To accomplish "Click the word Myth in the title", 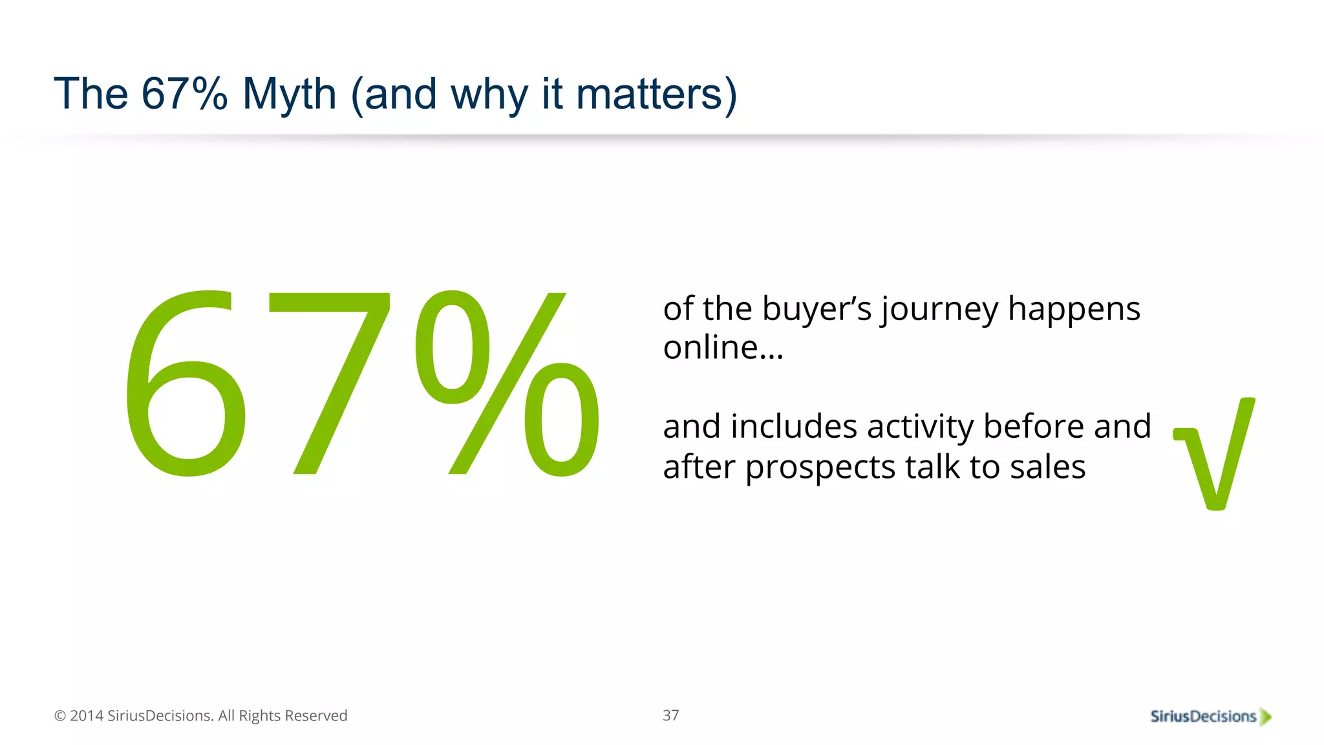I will coord(289,95).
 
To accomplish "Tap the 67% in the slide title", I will coord(184,94).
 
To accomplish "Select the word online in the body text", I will coord(710,348).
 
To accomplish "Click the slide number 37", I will coord(670,715).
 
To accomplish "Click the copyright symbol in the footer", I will coord(60,716).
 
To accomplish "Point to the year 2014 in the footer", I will coord(87,716).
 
